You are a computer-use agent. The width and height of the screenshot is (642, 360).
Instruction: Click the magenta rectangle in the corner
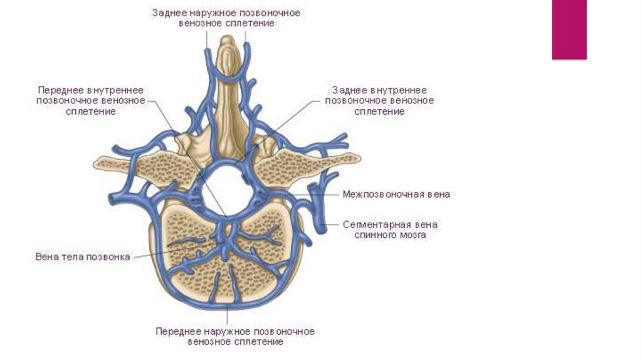tap(569, 29)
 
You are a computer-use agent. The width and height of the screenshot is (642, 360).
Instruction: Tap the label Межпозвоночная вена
tap(396, 194)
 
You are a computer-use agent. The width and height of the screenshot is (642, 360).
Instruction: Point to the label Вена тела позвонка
tap(83, 257)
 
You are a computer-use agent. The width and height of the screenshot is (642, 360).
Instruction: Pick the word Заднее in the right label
tap(343, 90)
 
